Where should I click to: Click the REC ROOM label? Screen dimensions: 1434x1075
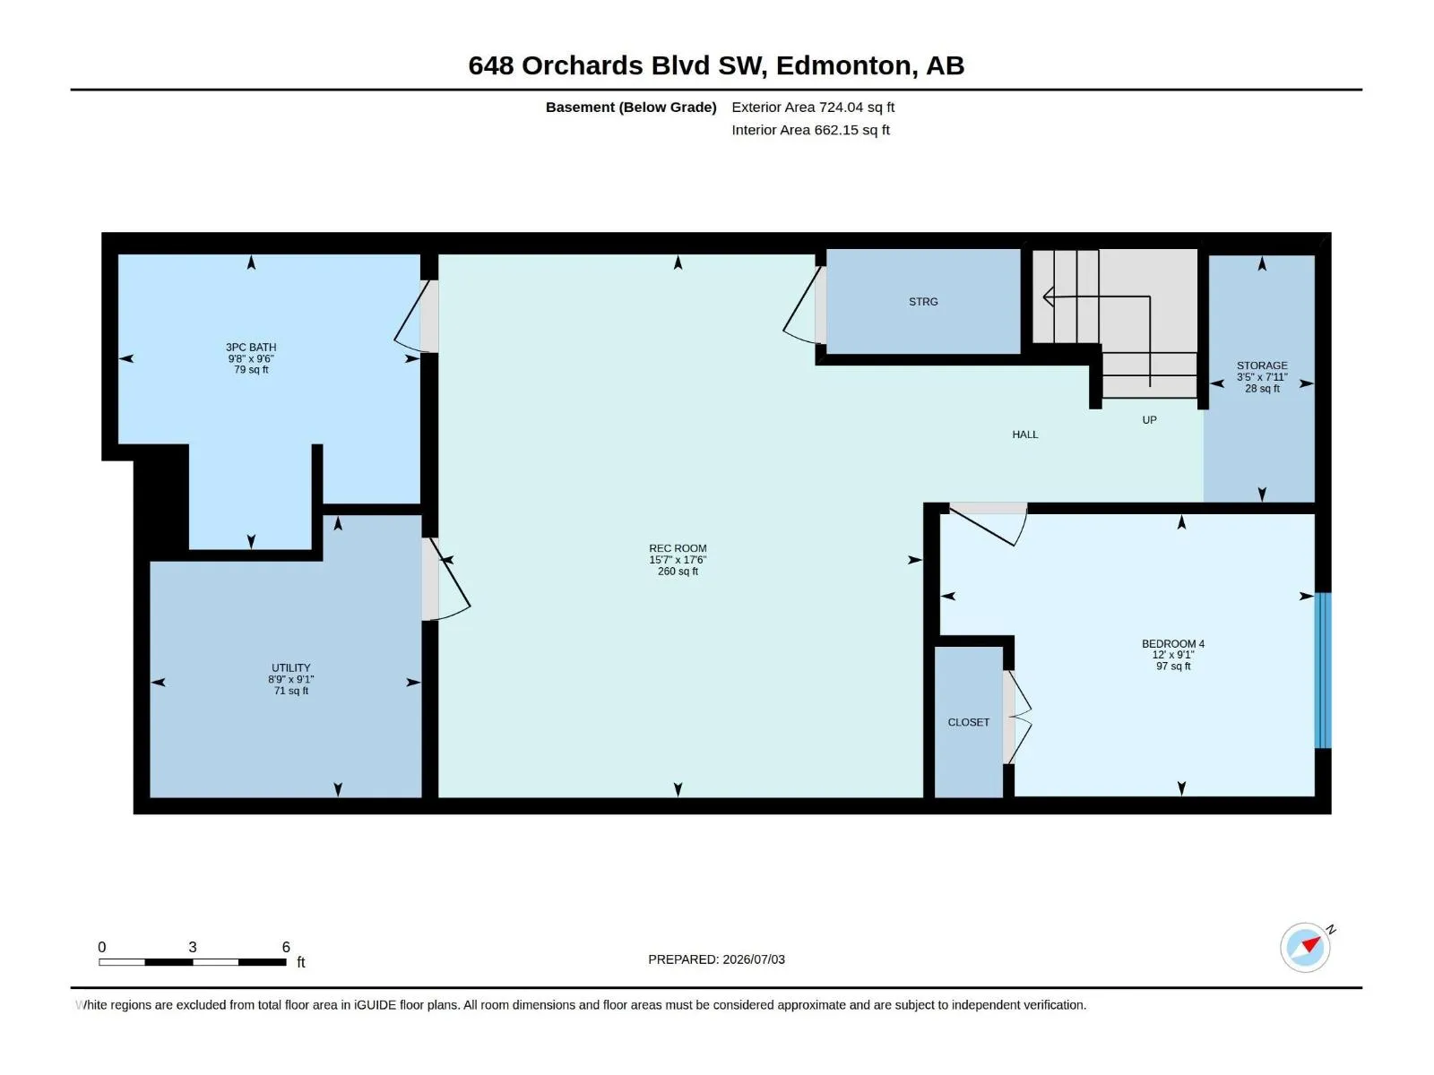tap(678, 548)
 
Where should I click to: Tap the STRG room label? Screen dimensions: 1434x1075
tap(923, 302)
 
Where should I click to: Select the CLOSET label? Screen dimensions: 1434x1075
tap(968, 722)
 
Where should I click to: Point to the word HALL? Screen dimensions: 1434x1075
tap(1025, 434)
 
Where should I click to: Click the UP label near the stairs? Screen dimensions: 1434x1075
tap(1149, 419)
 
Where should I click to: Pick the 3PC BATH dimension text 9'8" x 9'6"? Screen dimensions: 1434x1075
tap(251, 358)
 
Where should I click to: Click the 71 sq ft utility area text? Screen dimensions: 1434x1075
tap(290, 691)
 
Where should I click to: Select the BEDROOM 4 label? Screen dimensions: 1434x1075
tap(1173, 643)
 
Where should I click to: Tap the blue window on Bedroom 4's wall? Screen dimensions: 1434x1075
tap(1322, 670)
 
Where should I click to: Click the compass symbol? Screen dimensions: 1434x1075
tap(1305, 948)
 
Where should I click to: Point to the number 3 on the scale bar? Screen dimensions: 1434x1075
tap(192, 946)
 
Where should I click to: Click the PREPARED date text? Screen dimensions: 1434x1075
tap(716, 959)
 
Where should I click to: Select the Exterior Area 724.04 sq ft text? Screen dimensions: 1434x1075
tap(813, 107)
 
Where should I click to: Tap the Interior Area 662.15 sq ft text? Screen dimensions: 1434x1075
tap(811, 130)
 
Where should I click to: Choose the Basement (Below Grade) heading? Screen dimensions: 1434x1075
tap(631, 107)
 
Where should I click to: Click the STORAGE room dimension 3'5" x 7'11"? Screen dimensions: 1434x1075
tap(1262, 376)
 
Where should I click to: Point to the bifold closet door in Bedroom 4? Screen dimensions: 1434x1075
tap(1016, 717)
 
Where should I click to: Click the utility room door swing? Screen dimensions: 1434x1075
tap(450, 580)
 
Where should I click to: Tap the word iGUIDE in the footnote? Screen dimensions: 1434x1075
tap(375, 1005)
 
